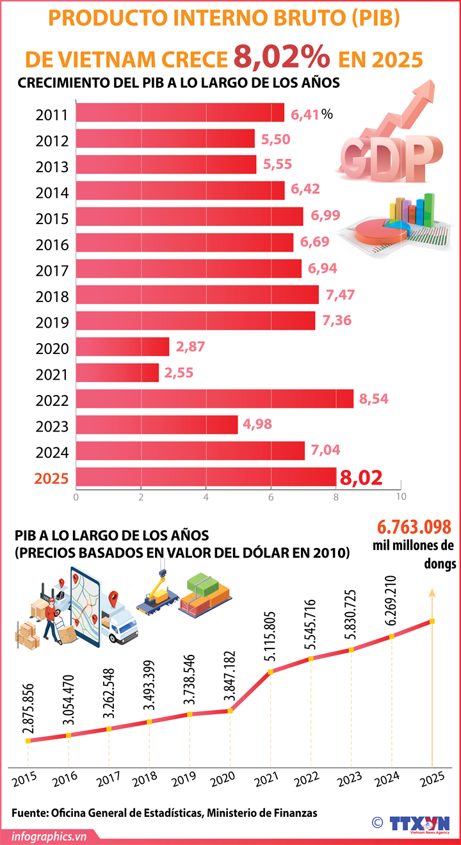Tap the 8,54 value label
[x=373, y=399]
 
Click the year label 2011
[x=52, y=115]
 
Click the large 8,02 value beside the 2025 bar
[x=362, y=478]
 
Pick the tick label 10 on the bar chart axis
[x=401, y=496]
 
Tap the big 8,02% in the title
[x=282, y=58]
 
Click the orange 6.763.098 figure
[x=415, y=527]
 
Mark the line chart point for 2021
[x=270, y=672]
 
